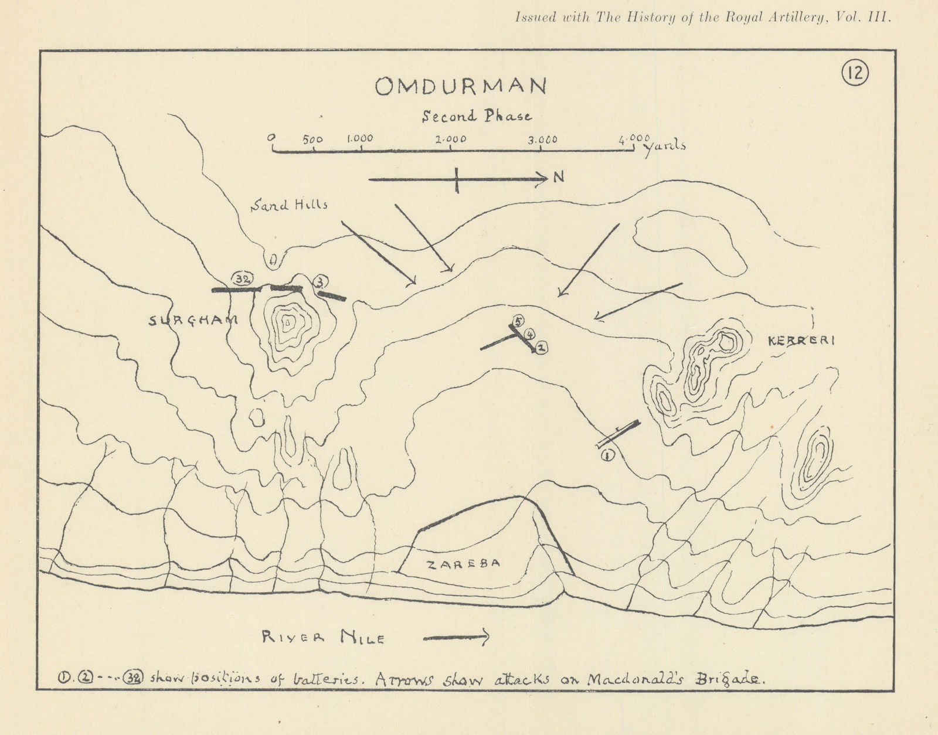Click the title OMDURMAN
[x=461, y=87]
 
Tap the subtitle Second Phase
[x=477, y=116]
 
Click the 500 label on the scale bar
[x=312, y=139]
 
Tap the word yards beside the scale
[x=665, y=147]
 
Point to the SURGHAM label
[x=193, y=320]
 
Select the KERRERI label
[x=801, y=341]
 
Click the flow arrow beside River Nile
[x=456, y=637]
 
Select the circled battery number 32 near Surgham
[x=242, y=279]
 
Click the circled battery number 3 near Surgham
[x=320, y=281]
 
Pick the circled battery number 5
[x=517, y=321]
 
